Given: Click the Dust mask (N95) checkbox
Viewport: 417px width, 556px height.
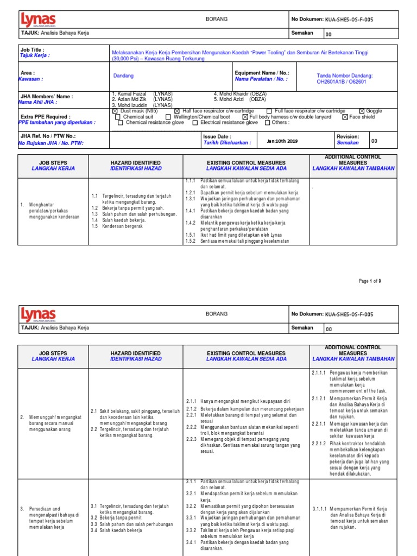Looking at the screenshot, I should click(x=115, y=111).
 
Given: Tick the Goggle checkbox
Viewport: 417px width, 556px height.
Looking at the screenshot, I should click(x=362, y=111).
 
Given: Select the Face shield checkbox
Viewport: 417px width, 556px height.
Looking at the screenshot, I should click(x=345, y=117).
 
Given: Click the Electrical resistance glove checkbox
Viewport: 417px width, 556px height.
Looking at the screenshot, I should click(x=195, y=123).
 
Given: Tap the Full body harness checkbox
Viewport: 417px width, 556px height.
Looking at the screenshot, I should click(x=245, y=117).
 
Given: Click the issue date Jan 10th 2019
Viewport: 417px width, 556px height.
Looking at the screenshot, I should click(x=282, y=141).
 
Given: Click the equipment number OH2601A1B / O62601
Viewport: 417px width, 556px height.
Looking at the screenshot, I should click(x=344, y=82).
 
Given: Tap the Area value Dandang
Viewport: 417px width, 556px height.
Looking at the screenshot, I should click(x=123, y=76).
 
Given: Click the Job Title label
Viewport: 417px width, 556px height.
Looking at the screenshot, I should click(x=33, y=49).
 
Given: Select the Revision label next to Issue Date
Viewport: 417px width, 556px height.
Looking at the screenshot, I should click(x=348, y=137).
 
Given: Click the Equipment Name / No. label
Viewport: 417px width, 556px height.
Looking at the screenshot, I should click(x=262, y=73).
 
